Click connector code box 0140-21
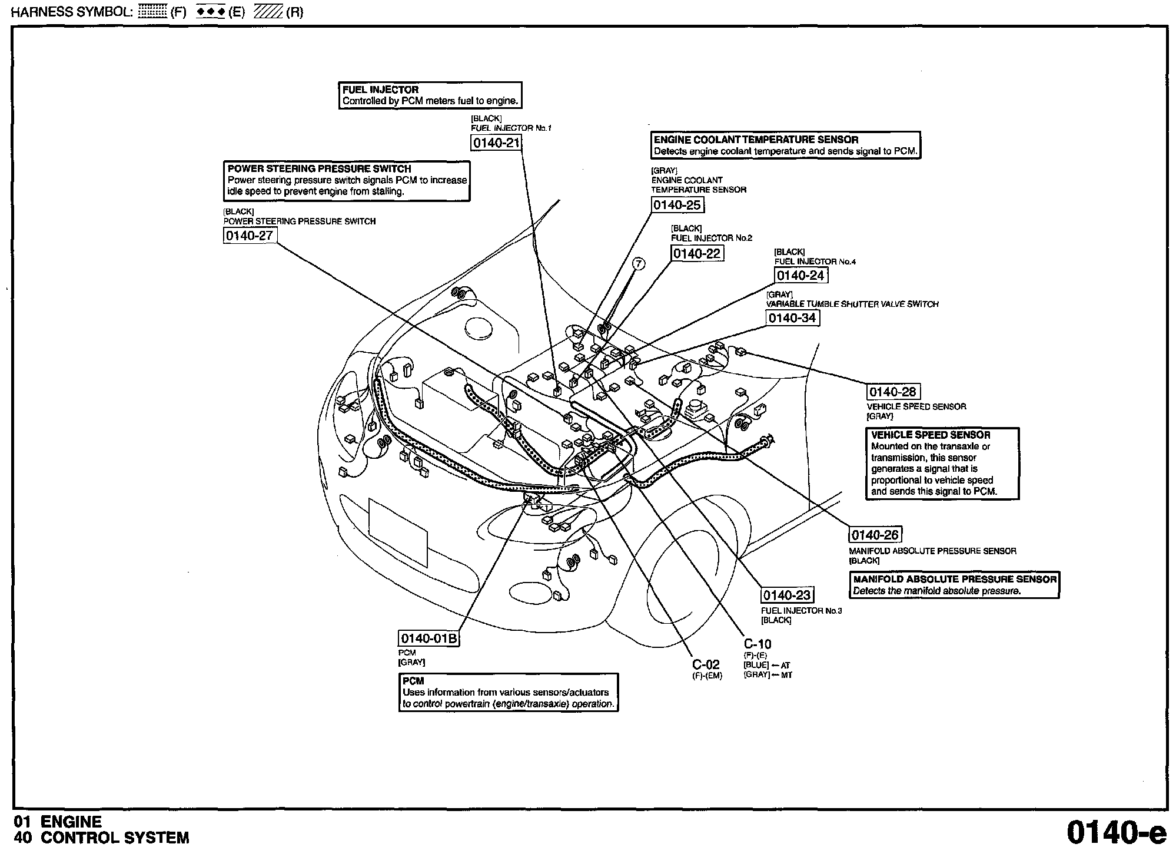pos(496,143)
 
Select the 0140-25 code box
pos(677,204)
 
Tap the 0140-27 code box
pos(250,236)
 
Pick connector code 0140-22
pos(697,253)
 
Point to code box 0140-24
pos(800,275)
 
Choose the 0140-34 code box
pos(792,318)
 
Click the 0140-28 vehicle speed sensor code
pos(893,392)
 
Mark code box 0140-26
pos(875,534)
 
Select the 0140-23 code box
pos(787,595)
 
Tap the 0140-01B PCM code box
pos(428,638)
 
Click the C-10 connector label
pos(757,644)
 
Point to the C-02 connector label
pos(706,664)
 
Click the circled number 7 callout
pos(639,264)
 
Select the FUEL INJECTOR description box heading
pos(381,90)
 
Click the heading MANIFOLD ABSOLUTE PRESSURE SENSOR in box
pos(955,579)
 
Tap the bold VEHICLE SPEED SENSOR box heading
pos(931,435)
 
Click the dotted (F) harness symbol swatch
pos(152,12)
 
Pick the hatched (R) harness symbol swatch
pos(268,12)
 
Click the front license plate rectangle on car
pos(398,532)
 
